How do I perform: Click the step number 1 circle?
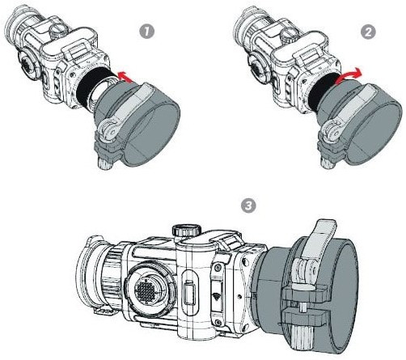(146, 32)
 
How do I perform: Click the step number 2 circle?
(368, 32)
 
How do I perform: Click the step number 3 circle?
(248, 205)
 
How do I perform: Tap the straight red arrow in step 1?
(125, 77)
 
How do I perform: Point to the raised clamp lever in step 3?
(321, 240)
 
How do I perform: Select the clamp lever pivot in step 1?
(109, 130)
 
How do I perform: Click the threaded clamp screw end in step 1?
(104, 163)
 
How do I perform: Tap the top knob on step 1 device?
(59, 30)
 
